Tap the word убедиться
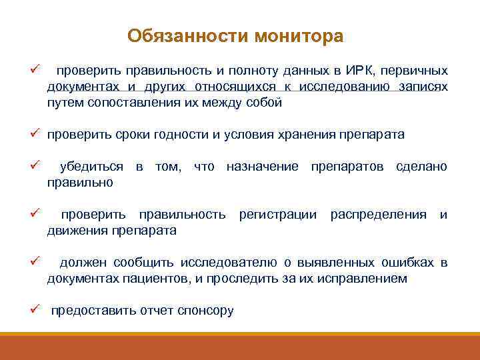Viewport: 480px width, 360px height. [92, 166]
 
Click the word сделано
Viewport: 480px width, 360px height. [421, 166]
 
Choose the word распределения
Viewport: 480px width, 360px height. [378, 215]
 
